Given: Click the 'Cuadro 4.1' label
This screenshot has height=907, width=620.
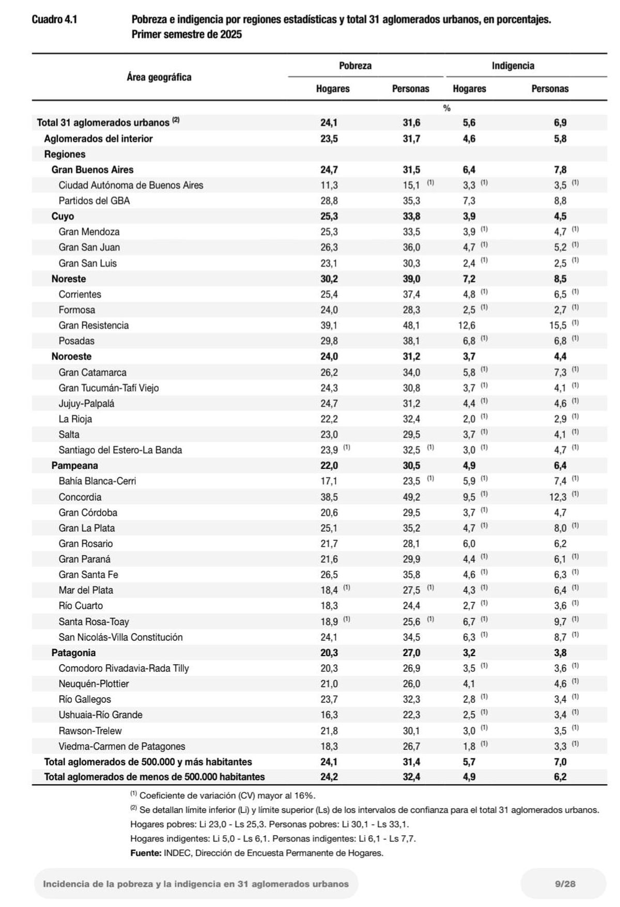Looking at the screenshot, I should tap(54, 20).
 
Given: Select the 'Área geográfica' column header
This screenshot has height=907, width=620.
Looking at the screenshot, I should tap(159, 77).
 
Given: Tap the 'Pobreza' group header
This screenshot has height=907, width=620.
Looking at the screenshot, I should tap(355, 66).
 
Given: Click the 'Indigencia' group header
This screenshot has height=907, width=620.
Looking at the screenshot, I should tap(513, 66).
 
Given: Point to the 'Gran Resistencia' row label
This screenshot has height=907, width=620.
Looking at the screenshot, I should tap(94, 325).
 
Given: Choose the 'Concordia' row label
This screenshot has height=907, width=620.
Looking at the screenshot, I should tap(80, 497).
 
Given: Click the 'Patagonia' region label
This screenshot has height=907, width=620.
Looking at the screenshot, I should tap(73, 653).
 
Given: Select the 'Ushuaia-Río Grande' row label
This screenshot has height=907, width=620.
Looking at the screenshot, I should tap(100, 715).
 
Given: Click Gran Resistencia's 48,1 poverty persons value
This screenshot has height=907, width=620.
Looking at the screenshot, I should tap(411, 325).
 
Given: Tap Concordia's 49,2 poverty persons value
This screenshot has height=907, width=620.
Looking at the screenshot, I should tap(411, 497).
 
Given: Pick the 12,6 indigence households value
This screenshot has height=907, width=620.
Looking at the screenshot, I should tap(469, 325).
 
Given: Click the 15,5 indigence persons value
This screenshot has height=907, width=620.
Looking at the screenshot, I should tap(560, 325).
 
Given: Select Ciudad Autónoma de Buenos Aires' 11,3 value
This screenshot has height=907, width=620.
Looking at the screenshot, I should tap(329, 185).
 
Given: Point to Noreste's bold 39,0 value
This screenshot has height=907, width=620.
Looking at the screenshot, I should tap(411, 279).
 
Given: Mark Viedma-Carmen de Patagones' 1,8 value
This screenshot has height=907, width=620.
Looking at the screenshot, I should tap(469, 746).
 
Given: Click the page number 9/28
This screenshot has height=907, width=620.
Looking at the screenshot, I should tap(565, 884).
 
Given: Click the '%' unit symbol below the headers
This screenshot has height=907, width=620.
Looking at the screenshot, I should tap(447, 108).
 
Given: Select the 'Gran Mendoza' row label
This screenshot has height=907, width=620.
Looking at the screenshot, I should tap(89, 232).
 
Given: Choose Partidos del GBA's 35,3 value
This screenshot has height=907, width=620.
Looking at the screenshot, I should tap(411, 201).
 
